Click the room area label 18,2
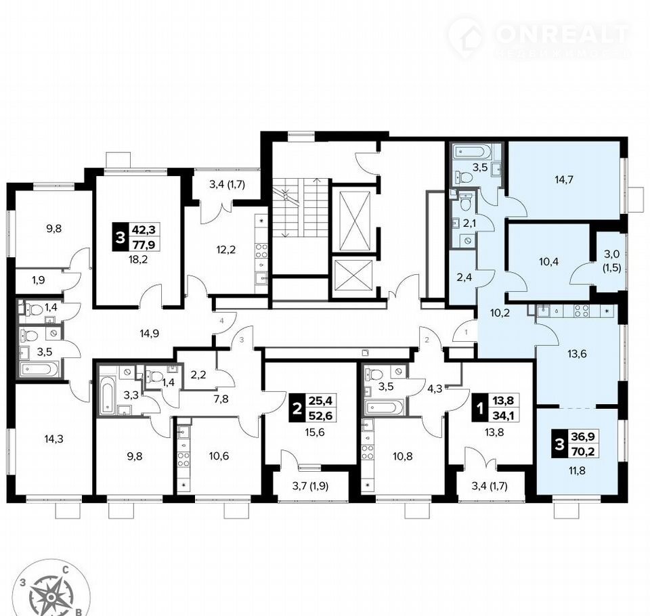(x=138, y=260)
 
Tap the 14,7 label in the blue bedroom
(x=564, y=179)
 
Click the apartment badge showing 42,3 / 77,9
(x=136, y=237)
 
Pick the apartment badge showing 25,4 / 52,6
(x=313, y=408)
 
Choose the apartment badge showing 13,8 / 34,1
(x=496, y=408)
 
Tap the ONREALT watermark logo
(x=539, y=37)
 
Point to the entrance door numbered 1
(x=464, y=331)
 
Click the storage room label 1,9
(x=38, y=280)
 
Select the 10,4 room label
(x=548, y=261)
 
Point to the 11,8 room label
(x=577, y=470)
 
